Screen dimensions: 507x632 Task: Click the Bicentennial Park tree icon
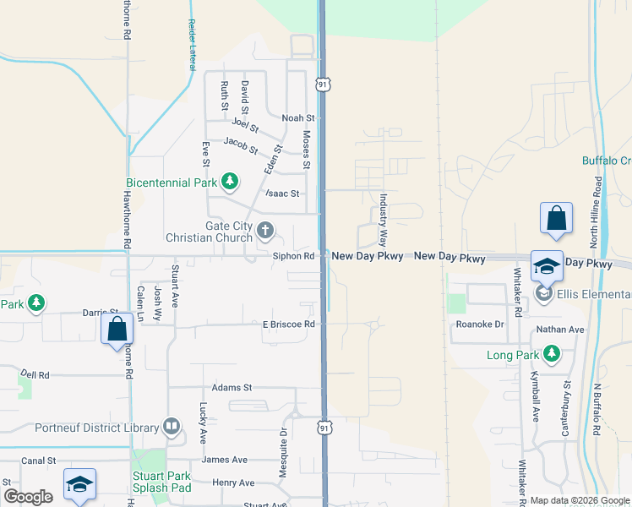[x=229, y=181]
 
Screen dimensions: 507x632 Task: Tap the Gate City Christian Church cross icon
[x=265, y=230]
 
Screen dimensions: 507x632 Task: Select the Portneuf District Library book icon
[x=171, y=428]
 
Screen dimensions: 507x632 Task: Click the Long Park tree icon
[x=551, y=353]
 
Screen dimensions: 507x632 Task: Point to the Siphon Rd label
[x=293, y=255]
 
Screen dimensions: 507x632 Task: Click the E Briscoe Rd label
[x=288, y=324]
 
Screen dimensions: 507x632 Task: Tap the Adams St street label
[x=232, y=388]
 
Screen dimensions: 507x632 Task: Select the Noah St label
[x=297, y=118]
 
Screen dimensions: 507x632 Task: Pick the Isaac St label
[x=282, y=194]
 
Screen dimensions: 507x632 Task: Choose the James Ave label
[x=224, y=460]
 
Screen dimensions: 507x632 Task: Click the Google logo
[x=28, y=497]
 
